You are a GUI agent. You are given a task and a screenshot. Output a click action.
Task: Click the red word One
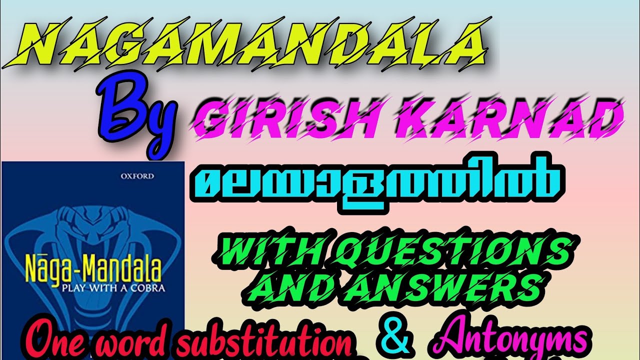coord(47,342)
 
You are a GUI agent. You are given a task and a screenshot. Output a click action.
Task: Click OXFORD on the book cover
coord(137,176)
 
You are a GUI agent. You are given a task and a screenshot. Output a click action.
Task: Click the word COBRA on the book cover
coord(149,288)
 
